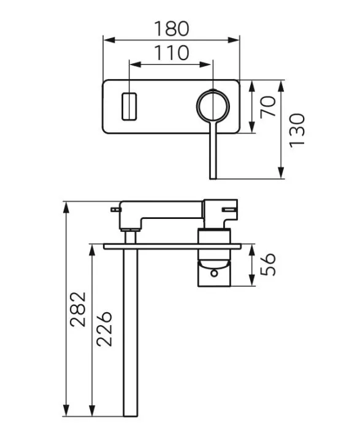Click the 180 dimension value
pos(171,28)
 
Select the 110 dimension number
pos(171,53)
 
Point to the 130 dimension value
pos(297,129)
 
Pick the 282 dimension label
pos(78,309)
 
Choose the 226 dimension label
pos(104,329)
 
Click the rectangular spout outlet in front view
pos(129,107)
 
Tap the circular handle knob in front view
pos(213,106)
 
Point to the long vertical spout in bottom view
pos(129,331)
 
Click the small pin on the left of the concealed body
pos(115,210)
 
